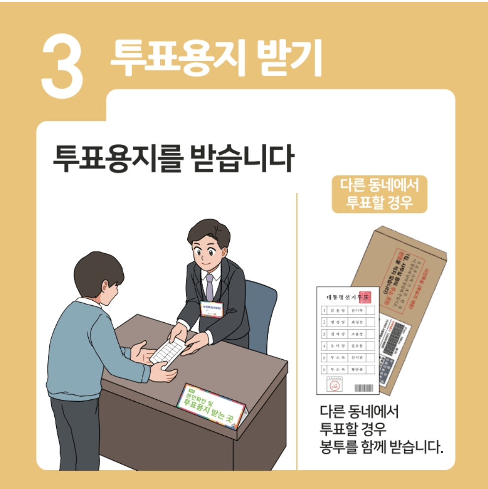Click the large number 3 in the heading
63,66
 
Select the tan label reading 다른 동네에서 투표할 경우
379,194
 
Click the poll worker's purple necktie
209,286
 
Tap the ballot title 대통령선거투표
342,298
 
